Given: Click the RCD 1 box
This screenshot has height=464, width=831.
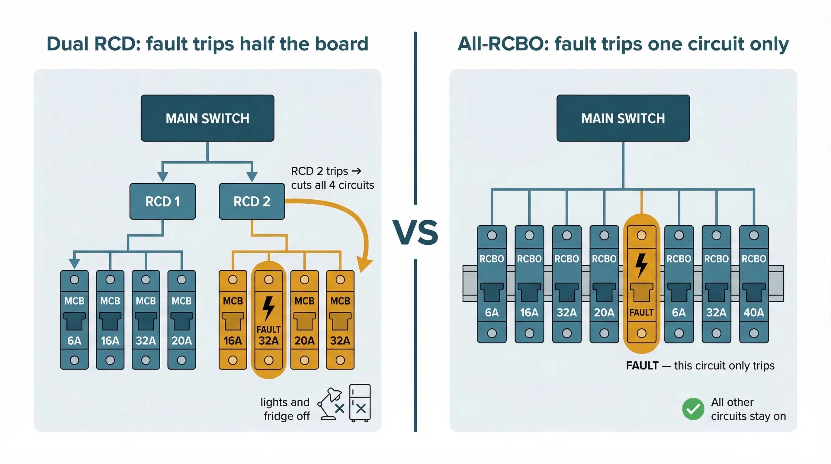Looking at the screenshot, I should [162, 201].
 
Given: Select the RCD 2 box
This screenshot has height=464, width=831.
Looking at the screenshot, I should [252, 201].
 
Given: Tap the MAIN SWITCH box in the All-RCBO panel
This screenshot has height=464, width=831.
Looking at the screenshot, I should [623, 118].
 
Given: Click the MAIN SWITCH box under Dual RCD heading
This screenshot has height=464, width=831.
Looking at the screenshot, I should [207, 118].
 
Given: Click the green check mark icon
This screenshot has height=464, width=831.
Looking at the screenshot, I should [693, 409].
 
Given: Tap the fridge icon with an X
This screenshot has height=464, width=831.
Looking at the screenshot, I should [360, 403].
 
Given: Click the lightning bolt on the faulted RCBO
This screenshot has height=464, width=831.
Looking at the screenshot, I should [641, 265].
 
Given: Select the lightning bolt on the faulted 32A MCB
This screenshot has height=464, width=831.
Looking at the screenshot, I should [268, 308].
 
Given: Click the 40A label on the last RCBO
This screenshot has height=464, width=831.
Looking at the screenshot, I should [754, 312].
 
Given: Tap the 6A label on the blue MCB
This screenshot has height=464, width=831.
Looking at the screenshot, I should [74, 340].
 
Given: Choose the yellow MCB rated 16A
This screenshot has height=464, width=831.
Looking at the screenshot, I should [233, 319].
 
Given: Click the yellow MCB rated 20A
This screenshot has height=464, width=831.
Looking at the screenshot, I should [304, 319].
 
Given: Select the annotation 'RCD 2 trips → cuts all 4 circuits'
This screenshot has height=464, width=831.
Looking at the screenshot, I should [332, 178].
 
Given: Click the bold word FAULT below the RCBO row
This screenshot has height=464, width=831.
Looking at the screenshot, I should [642, 366].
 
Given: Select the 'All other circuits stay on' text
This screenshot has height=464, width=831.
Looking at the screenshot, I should [748, 409].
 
